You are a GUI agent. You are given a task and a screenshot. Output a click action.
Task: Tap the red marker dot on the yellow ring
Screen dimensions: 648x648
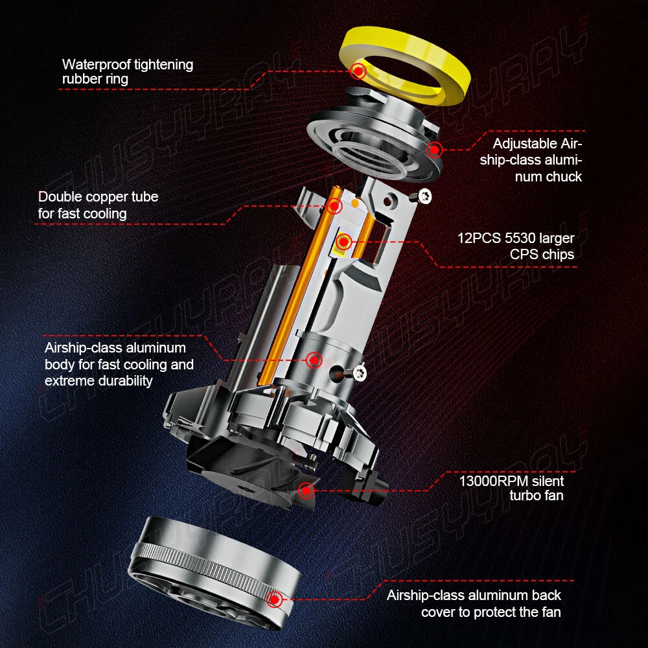[358, 71]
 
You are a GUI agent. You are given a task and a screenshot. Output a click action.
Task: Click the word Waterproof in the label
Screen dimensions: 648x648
[96, 64]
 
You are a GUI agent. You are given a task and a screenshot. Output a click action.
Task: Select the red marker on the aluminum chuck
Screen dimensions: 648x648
[434, 150]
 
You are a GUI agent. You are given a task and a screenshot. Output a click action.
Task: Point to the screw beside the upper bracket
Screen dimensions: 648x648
[424, 195]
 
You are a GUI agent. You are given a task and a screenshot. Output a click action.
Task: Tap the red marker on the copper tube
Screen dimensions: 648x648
[334, 205]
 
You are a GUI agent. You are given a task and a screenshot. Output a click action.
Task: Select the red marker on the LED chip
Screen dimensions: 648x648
[343, 241]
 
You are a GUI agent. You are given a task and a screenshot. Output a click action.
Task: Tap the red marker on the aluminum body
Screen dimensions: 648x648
[314, 360]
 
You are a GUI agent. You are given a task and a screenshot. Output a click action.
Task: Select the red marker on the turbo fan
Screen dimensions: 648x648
[307, 491]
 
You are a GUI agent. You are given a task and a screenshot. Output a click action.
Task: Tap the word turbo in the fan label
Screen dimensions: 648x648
[524, 495]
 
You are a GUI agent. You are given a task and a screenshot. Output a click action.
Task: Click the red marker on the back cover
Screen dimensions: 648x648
[274, 599]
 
